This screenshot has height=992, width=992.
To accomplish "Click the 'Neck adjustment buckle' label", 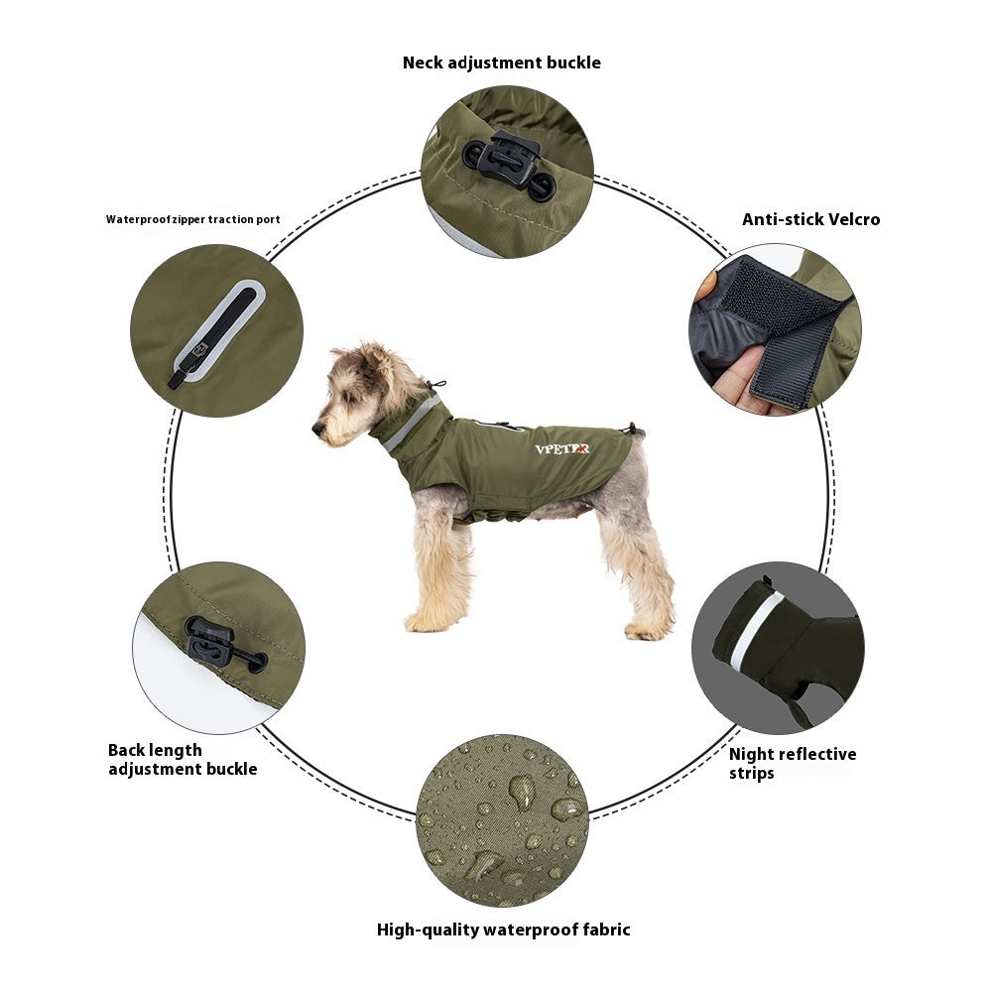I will pyautogui.click(x=501, y=62).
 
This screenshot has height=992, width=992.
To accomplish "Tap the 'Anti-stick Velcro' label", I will pyautogui.click(x=810, y=219).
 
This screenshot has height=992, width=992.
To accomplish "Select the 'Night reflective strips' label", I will pyautogui.click(x=792, y=763).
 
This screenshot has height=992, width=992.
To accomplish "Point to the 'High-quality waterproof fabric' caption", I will pyautogui.click(x=503, y=930).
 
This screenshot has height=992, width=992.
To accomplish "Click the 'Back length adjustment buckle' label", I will pyautogui.click(x=182, y=759).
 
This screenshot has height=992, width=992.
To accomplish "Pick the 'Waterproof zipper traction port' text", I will pyautogui.click(x=192, y=219).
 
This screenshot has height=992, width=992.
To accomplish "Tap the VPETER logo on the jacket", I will pyautogui.click(x=561, y=448).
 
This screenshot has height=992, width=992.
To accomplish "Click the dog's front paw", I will pyautogui.click(x=425, y=622).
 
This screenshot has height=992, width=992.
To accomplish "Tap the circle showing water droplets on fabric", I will pyautogui.click(x=502, y=819).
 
